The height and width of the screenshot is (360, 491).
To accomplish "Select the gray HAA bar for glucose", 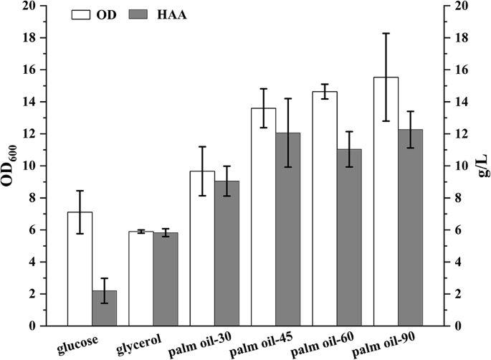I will [x=104, y=308].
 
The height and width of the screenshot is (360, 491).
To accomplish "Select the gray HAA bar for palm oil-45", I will [x=287, y=229].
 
